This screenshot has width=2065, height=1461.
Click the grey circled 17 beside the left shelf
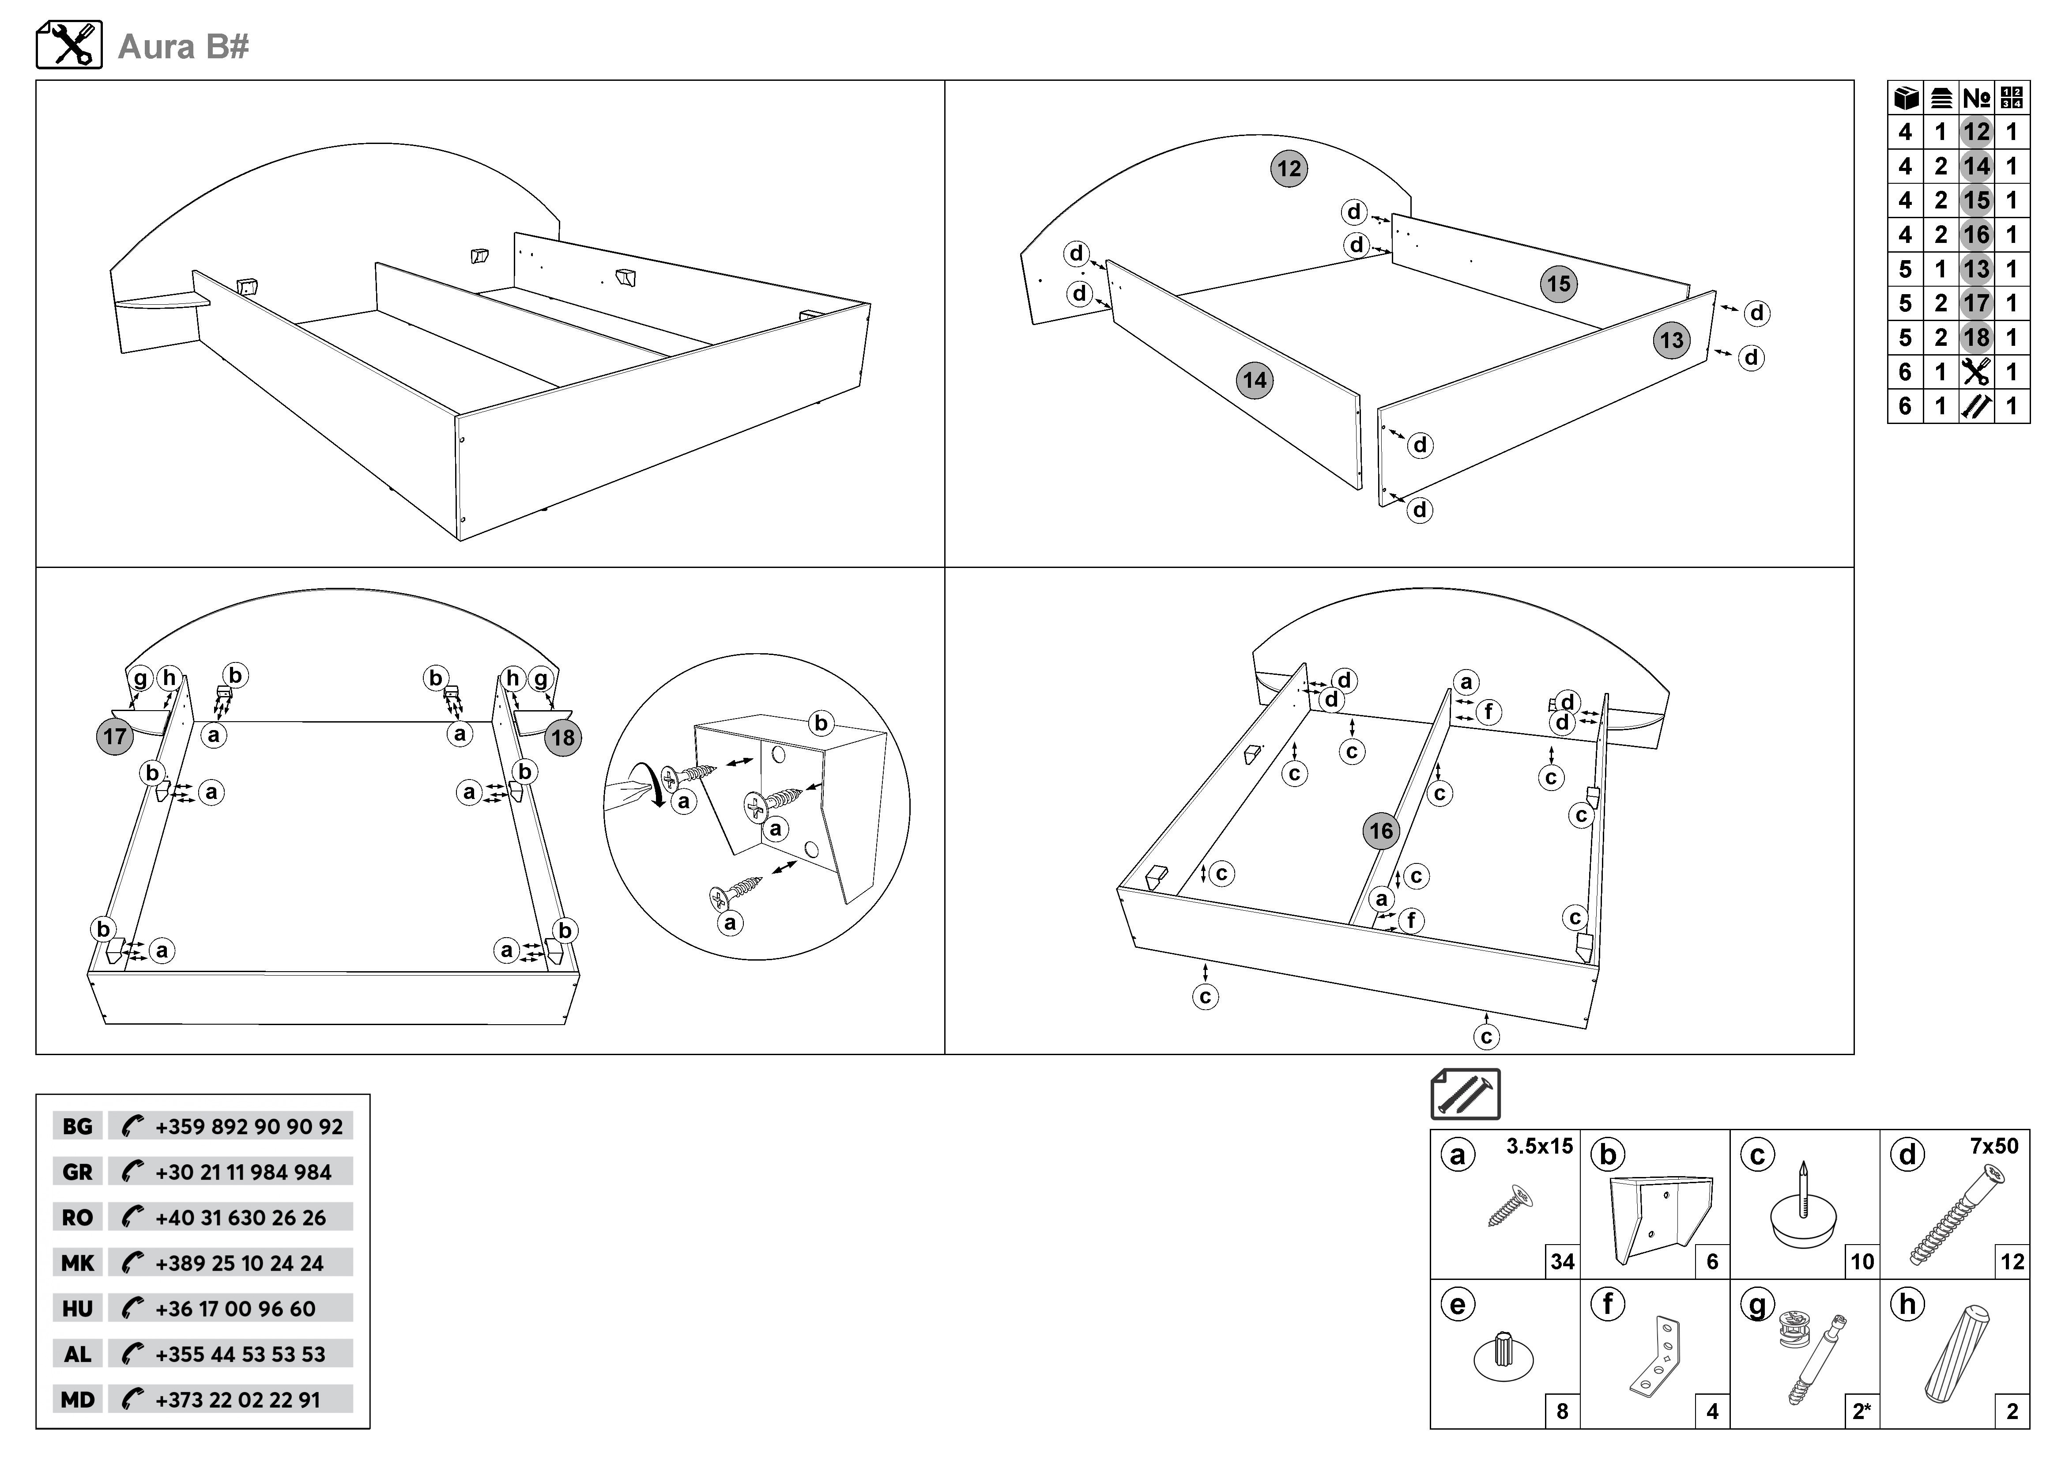tap(114, 737)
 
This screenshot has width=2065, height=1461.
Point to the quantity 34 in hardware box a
tap(1562, 1261)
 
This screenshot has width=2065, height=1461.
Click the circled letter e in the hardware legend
tap(1458, 1305)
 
